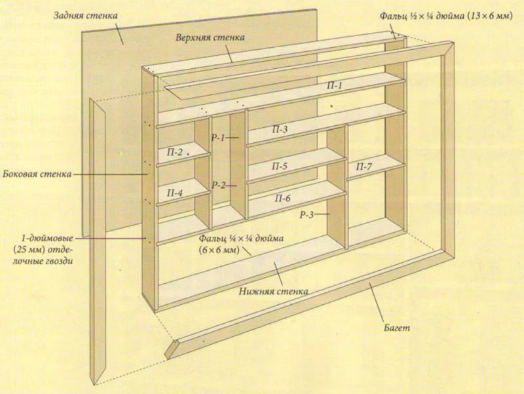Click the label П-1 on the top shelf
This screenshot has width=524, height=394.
coord(335,86)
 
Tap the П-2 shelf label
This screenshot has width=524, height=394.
coord(175,153)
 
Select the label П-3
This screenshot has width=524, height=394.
coord(280,129)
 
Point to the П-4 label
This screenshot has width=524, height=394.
coord(175,193)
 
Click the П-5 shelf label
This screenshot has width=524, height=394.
coord(280,167)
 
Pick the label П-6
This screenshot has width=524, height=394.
coord(283,199)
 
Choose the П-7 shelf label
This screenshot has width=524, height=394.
coord(364,167)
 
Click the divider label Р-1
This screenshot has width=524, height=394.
coord(219,138)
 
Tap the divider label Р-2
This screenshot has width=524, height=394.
coord(219,185)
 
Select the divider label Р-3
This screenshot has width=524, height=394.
coord(307,215)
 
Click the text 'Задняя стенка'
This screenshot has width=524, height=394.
coord(86,16)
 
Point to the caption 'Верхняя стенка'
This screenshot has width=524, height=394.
coord(210,37)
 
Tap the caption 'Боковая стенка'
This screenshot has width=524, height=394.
coord(37,174)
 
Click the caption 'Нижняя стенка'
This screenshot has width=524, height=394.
coord(273,291)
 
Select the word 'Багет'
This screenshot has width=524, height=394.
coord(397,328)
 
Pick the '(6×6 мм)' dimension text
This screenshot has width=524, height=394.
coord(219,250)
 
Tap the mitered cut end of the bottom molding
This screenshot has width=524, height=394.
coord(173,349)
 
